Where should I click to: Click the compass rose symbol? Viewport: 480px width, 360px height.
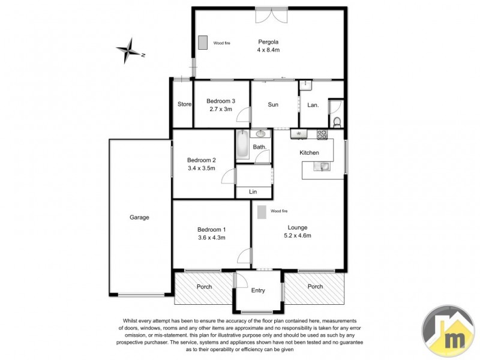coord(128,50)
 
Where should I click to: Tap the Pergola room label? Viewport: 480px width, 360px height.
coord(268,43)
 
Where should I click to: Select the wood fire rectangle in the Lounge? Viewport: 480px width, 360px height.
coord(262,212)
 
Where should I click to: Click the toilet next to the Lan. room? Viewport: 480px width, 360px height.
coord(337,122)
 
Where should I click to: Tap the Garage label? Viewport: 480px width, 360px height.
coord(139,217)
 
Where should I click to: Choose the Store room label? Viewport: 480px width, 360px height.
coord(184,104)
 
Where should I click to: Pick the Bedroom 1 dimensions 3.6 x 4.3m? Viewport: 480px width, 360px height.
coord(212,238)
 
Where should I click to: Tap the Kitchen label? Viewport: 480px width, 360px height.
coord(310,153)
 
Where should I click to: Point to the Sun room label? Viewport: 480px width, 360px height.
coord(273,105)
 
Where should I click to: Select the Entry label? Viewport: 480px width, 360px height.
coord(258,290)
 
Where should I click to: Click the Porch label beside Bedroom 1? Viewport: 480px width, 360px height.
coord(204,287)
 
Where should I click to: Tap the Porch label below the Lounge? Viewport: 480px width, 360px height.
coord(315,287)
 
